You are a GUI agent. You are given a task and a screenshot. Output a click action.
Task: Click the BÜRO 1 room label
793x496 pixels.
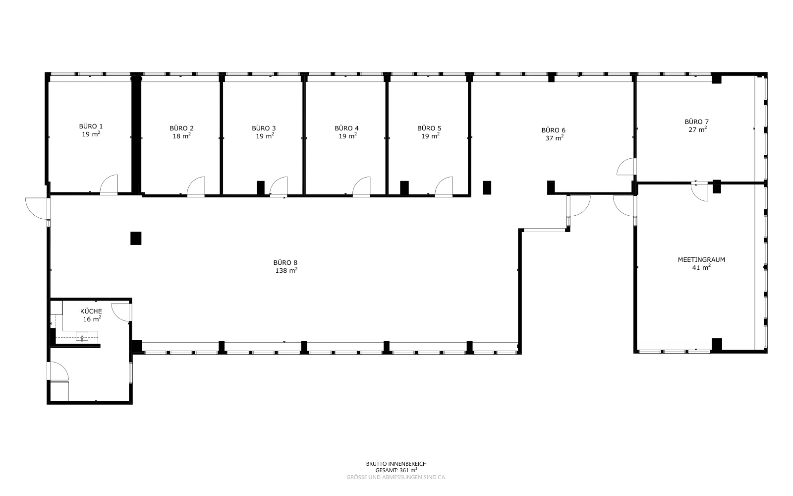pyautogui.click(x=91, y=126)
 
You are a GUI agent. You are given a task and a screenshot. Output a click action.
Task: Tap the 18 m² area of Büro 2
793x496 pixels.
pyautogui.click(x=182, y=136)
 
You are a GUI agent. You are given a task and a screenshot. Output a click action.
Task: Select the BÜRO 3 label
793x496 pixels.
pyautogui.click(x=264, y=128)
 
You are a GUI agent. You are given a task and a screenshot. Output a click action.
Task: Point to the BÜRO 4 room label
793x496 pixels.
pyautogui.click(x=346, y=128)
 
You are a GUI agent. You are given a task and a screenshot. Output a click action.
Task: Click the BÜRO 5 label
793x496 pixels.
pyautogui.click(x=429, y=128)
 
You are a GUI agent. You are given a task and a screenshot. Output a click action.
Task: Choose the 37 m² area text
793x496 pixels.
pyautogui.click(x=555, y=138)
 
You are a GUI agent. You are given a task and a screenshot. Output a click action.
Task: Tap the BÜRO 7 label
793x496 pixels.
pyautogui.click(x=697, y=122)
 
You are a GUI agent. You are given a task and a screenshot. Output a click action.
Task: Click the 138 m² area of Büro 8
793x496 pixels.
pyautogui.click(x=286, y=270)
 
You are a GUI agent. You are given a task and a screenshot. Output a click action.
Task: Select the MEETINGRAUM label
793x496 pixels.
pyautogui.click(x=701, y=260)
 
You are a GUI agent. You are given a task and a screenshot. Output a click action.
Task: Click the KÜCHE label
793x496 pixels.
pyautogui.click(x=91, y=311)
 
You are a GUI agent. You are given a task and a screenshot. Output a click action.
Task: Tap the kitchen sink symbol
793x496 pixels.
pyautogui.click(x=82, y=336)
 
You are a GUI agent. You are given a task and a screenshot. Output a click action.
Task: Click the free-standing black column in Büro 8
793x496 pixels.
pyautogui.click(x=136, y=239)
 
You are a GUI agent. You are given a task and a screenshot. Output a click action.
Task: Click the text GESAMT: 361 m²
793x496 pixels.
pyautogui.click(x=396, y=471)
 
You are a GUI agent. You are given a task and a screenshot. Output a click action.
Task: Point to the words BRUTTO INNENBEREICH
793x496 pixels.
pyautogui.click(x=396, y=464)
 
